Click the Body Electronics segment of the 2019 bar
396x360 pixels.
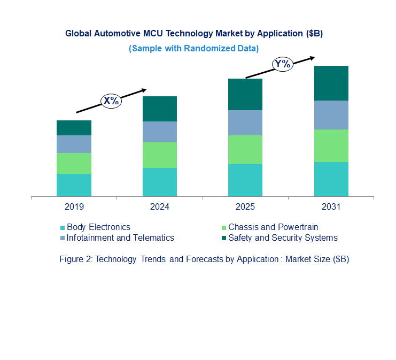(x=74, y=185)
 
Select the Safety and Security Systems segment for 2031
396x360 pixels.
(x=331, y=83)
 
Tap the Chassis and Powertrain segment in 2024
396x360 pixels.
(x=159, y=155)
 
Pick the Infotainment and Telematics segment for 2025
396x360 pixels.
(x=245, y=122)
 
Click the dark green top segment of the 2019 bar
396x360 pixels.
(x=74, y=128)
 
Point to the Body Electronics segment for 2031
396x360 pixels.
(x=331, y=179)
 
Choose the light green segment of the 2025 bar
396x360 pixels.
(x=245, y=150)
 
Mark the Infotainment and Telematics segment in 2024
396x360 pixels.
(x=159, y=132)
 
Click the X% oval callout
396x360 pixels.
(x=112, y=100)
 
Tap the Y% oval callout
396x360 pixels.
(x=282, y=64)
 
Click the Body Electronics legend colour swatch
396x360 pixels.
(x=63, y=227)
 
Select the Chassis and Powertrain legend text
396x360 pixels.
(x=273, y=227)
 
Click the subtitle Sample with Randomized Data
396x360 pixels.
(x=193, y=48)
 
